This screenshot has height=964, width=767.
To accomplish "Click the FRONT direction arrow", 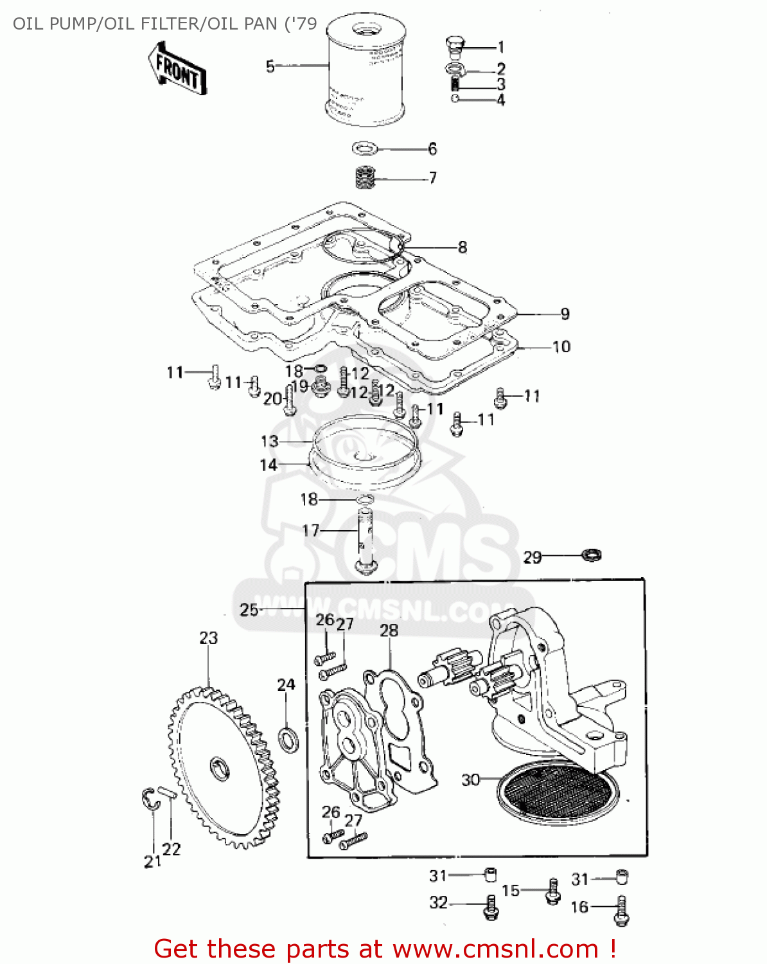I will click(175, 69).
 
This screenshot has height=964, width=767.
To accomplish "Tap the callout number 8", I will click(463, 247).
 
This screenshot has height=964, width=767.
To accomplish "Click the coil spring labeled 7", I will click(365, 177).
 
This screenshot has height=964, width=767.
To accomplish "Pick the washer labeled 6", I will click(365, 149).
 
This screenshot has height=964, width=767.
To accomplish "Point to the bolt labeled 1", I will click(454, 46).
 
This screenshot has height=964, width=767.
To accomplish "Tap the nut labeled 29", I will click(592, 554).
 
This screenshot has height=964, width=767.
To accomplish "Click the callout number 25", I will click(249, 609).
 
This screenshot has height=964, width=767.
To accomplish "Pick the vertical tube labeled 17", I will click(366, 540).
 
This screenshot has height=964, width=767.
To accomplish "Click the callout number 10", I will click(561, 347).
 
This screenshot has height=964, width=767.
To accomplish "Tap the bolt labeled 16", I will click(621, 911).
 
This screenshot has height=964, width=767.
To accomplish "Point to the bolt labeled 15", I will click(552, 891).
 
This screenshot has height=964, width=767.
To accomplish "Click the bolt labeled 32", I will click(491, 906).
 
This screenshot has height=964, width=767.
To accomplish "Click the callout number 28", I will click(389, 631).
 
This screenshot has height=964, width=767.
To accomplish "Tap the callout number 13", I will click(269, 442).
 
